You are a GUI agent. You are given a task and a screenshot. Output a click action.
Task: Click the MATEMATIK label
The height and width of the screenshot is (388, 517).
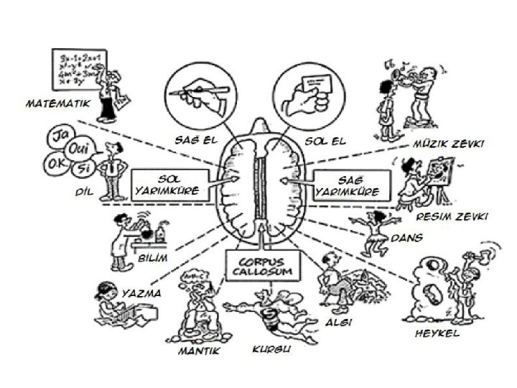(58, 103)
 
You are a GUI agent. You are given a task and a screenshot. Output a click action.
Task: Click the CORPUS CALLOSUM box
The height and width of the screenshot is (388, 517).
(256, 266)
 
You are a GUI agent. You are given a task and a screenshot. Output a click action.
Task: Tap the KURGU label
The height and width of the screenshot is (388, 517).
(271, 350)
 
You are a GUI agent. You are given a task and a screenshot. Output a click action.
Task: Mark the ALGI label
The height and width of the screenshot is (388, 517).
(337, 323)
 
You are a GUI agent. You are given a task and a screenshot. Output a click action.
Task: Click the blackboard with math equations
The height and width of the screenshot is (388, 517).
(78, 68)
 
